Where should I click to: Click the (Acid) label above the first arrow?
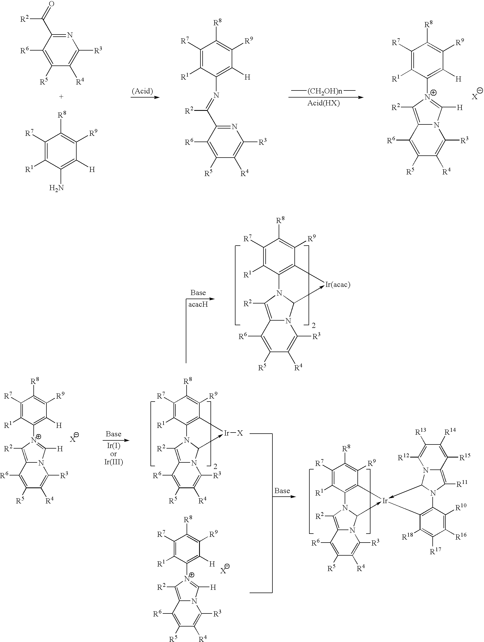click(142, 91)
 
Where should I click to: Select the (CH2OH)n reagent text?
click(325, 91)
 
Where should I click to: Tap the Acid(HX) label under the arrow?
click(323, 103)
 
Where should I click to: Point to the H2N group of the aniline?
click(56, 188)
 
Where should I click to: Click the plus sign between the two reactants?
click(61, 97)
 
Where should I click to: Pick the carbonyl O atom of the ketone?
click(51, 4)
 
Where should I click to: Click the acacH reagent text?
click(198, 305)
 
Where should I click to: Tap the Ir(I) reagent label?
click(114, 445)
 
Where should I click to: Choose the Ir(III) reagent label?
click(114, 462)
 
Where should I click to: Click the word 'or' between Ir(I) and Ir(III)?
click(114, 454)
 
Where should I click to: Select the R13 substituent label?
click(421, 432)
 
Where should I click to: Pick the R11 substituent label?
click(462, 484)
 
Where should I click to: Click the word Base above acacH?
click(198, 293)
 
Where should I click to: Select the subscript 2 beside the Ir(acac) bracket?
click(314, 326)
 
